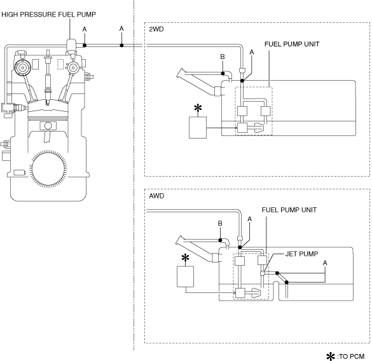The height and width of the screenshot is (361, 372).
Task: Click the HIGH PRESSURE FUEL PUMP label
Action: (x=48, y=15)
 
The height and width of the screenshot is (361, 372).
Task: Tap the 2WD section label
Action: (x=156, y=29)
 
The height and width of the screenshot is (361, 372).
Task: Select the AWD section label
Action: (x=156, y=196)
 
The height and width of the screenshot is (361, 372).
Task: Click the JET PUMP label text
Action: (x=301, y=254)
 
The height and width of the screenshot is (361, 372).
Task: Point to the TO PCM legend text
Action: (x=350, y=357)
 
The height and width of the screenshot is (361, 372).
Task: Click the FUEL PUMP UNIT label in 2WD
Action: (x=292, y=44)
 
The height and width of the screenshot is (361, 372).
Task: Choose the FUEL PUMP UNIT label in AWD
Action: (x=289, y=210)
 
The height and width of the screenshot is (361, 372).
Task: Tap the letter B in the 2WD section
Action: (x=223, y=57)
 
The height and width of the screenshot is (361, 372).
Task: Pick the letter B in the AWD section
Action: (x=220, y=224)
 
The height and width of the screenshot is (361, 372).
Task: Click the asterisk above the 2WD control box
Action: (x=198, y=108)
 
